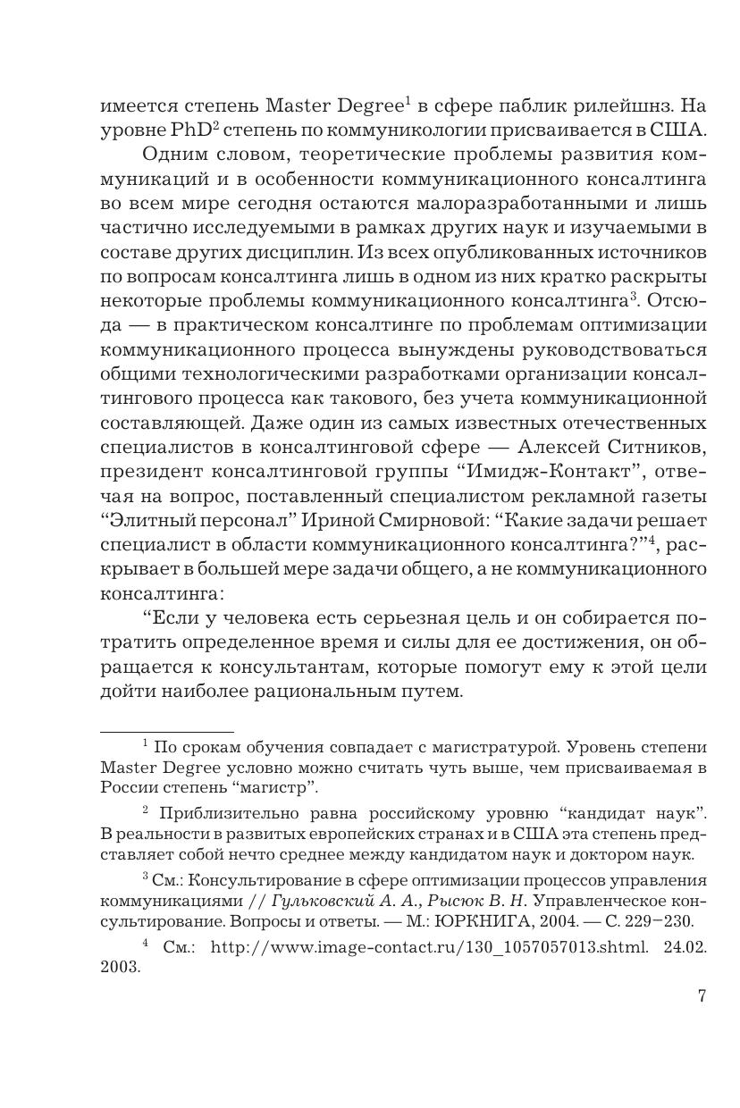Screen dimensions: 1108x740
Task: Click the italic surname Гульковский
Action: [347, 900]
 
